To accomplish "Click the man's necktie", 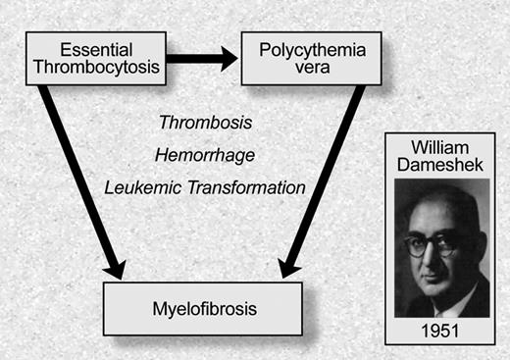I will coord(450,306).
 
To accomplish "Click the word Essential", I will coord(95,48).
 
